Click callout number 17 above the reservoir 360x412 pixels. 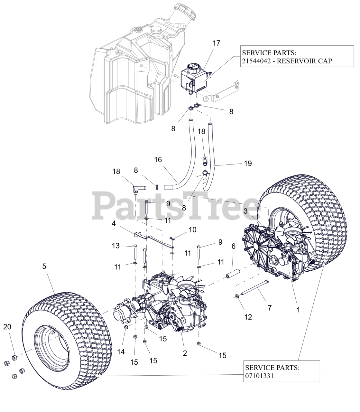tap(216, 43)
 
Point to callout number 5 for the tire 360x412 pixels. tap(44, 266)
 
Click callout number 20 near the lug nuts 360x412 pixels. tap(7, 327)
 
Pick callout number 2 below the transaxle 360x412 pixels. tap(185, 353)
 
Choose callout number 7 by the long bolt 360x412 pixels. tap(270, 308)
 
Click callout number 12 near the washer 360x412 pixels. tap(248, 317)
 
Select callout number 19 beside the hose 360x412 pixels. tap(248, 164)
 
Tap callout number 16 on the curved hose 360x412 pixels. tap(158, 160)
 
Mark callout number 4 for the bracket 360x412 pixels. tap(114, 223)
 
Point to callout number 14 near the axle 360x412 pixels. tap(121, 352)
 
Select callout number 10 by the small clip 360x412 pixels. tap(192, 229)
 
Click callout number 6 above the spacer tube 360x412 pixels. tap(233, 246)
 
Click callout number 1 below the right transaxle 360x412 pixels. tap(298, 310)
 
